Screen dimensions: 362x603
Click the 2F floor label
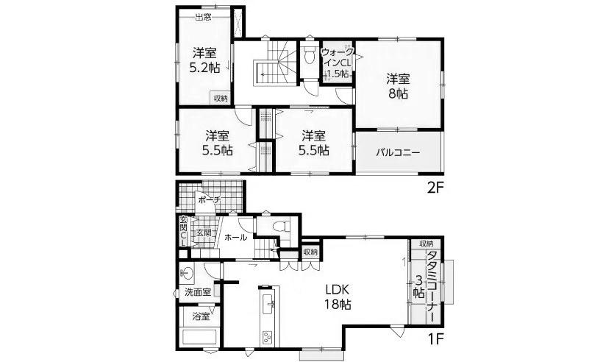point(437,187)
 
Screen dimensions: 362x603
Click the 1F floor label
point(437,341)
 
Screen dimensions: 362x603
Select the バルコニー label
point(398,154)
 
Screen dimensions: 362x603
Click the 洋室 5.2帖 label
point(205,60)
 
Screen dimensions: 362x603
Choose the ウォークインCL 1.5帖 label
point(338,63)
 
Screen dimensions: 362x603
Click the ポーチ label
point(209,199)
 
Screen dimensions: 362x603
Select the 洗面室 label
point(198,292)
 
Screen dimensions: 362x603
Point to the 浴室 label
point(200,317)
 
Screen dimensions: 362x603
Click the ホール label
point(235,238)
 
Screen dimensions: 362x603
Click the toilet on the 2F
point(307,57)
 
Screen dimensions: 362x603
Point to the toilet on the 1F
point(279,227)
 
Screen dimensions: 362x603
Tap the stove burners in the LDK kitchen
point(265,338)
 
